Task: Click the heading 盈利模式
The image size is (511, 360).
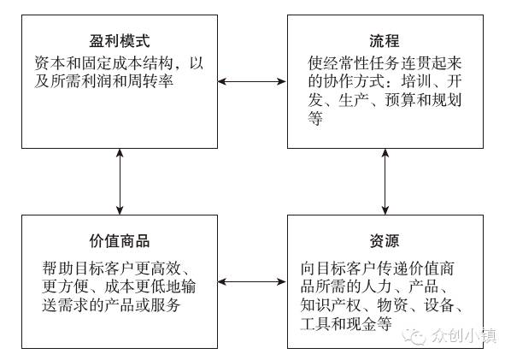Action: pos(120,41)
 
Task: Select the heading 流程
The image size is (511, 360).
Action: pos(385,41)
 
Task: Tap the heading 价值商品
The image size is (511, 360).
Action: pos(120,241)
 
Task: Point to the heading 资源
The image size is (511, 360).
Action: pos(385,241)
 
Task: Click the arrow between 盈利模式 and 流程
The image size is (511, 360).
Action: pos(252,81)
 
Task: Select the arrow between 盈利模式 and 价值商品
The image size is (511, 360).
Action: pos(120,181)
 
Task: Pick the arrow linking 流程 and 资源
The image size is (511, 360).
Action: pos(385,181)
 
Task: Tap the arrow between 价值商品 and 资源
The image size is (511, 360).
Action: pos(252,281)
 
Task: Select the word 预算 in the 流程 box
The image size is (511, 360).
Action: pos(401,100)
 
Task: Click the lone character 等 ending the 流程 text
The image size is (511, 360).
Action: pos(315,118)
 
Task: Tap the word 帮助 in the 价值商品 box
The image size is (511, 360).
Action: pos(58,269)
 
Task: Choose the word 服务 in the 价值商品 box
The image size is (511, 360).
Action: pos(165,304)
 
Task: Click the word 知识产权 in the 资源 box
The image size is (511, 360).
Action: pos(331,305)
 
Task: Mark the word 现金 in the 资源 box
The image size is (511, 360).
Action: pos(361,323)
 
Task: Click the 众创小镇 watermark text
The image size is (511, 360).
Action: pos(464,335)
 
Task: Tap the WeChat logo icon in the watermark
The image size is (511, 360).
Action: pos(414,336)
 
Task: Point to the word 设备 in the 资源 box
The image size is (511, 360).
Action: pos(439,305)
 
